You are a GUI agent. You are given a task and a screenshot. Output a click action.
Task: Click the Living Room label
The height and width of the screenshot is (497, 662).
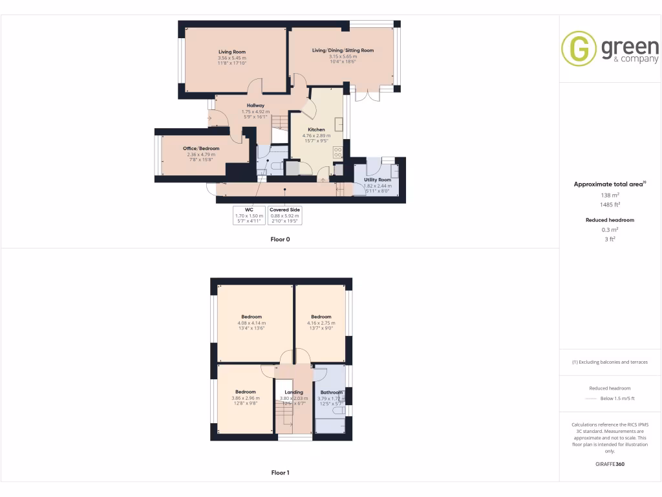coord(232,52)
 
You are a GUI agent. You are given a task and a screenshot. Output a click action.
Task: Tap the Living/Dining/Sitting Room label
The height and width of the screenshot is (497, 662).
coord(343,50)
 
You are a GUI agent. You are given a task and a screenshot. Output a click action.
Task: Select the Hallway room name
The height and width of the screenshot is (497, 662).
coord(255,105)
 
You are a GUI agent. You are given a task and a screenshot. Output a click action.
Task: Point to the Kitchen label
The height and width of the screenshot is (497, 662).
coord(316,129)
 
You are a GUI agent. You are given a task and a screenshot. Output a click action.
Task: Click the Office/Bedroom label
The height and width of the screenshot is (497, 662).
coord(201,148)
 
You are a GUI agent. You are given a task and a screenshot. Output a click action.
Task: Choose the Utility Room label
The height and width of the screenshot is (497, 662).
coord(378,179)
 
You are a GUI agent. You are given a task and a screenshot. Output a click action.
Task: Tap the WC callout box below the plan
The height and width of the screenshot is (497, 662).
coord(248,215)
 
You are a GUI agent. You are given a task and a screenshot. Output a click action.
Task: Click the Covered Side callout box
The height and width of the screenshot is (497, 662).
coord(284,215)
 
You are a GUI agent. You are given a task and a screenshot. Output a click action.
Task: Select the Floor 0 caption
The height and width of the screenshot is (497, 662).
coord(280,239)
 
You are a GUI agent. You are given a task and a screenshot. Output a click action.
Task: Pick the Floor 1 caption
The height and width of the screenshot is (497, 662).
coord(280,473)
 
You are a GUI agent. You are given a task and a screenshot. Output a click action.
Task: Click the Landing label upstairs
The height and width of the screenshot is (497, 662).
coord(294,392)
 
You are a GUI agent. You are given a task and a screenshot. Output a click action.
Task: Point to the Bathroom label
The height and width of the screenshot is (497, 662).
coord(332,392)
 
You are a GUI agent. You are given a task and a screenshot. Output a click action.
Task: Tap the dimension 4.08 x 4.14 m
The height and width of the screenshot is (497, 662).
coord(251,323)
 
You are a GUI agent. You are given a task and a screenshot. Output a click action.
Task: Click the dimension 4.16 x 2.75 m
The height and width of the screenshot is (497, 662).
coord(321,323)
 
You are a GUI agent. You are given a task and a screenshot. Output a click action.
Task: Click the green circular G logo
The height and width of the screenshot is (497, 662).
coord(578,49)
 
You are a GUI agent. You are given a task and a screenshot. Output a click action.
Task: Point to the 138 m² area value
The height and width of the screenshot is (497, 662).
coord(610,195)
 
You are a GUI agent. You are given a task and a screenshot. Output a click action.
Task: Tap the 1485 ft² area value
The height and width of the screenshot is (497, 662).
coord(610,204)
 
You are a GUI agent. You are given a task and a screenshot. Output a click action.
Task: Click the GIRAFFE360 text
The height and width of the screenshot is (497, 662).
coord(610,464)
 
